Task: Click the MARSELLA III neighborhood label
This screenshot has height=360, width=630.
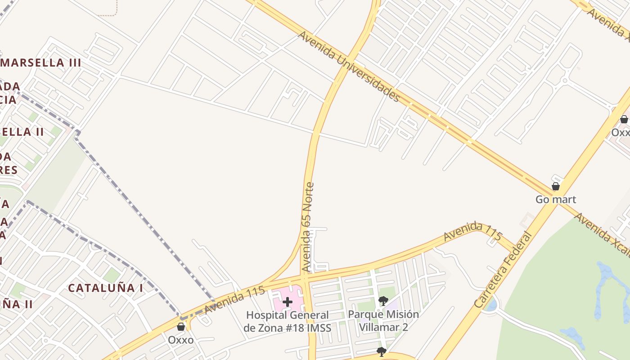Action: point(41,63)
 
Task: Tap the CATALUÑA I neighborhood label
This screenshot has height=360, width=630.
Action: point(105,288)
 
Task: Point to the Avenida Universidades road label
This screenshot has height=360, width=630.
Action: point(349,66)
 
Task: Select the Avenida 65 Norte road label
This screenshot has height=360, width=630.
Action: point(308,227)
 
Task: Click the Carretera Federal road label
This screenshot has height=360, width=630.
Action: point(503,270)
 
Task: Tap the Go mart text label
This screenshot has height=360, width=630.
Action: point(556,199)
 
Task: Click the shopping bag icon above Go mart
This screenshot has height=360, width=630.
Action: point(556,186)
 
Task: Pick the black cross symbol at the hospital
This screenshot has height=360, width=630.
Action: point(288,302)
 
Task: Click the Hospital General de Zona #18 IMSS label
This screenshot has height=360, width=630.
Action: point(287,321)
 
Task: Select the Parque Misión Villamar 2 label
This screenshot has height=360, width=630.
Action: point(383,320)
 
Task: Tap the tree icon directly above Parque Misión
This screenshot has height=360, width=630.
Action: point(383,301)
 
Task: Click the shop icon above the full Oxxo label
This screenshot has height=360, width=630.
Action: point(181,327)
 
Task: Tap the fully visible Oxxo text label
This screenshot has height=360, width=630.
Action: point(181,340)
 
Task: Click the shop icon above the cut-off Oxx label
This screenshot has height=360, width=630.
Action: point(624,119)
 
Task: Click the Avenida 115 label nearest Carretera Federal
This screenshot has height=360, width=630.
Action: point(472,232)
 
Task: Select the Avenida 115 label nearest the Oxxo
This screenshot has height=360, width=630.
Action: point(234,300)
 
